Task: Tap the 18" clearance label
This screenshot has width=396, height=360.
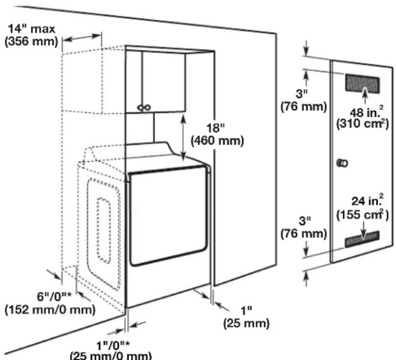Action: click(x=216, y=129)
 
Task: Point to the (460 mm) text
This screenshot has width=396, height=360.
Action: click(x=217, y=141)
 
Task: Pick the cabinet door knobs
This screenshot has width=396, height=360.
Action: click(x=143, y=107)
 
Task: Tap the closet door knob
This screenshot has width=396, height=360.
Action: click(x=343, y=163)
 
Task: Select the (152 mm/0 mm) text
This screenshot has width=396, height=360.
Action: click(x=49, y=310)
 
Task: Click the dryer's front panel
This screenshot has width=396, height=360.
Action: click(x=166, y=220)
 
